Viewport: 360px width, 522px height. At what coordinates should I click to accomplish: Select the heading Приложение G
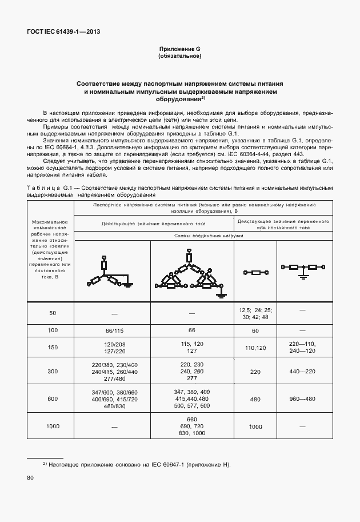point(179,50)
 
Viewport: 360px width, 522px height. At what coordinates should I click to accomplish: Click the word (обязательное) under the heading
point(179,57)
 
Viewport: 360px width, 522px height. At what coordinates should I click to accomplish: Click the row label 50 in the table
point(53,313)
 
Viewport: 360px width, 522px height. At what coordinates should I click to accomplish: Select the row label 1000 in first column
point(53,427)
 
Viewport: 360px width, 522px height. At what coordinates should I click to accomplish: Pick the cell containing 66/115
point(114,330)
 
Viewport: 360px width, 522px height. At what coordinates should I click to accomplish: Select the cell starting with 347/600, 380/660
point(114,399)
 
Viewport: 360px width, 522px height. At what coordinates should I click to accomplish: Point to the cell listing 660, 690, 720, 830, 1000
point(191,427)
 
